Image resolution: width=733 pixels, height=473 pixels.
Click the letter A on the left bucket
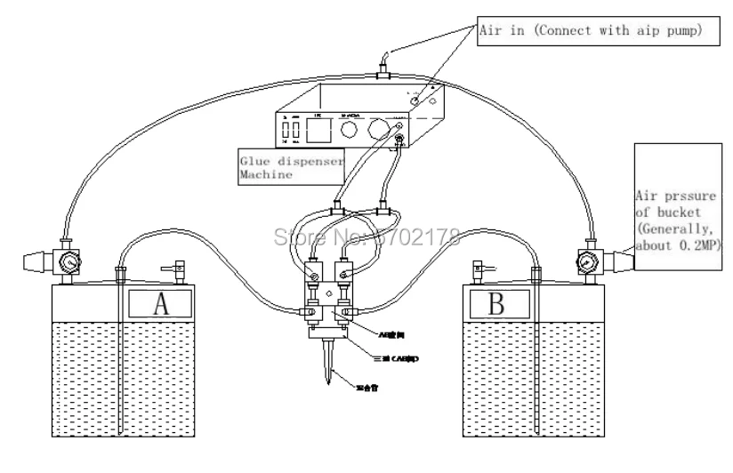(x=161, y=304)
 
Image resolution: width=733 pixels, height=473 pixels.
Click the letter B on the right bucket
(x=497, y=304)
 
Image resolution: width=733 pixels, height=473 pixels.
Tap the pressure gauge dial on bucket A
(x=68, y=263)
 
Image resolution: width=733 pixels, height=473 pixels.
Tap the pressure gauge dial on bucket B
(x=585, y=263)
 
